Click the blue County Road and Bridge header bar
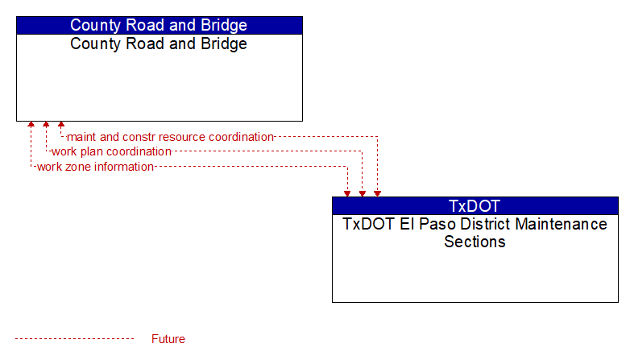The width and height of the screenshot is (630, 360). pos(160,25)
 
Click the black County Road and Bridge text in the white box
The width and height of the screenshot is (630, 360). pos(159,43)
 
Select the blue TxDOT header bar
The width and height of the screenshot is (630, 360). pos(475,205)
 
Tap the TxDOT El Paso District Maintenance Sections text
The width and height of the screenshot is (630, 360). pos(475,233)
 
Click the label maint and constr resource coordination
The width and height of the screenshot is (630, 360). pos(170,137)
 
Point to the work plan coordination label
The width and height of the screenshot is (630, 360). pos(112,151)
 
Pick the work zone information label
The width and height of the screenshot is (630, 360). pos(95,167)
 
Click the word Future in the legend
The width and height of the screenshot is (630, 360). pos(168,339)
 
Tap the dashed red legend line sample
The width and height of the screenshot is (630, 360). pos(74,339)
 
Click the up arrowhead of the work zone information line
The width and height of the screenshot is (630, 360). pos(31,124)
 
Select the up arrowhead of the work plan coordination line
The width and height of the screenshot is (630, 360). pos(46,124)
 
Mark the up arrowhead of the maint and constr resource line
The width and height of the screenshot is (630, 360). pos(61,124)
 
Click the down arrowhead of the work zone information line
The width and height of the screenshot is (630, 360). pos(347,194)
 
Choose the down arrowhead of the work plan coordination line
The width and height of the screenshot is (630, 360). pos(363,194)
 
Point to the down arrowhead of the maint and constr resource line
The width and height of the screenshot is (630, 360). pos(377,194)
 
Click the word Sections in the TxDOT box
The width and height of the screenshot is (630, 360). pos(475,242)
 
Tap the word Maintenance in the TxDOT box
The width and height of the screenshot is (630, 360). pos(562,224)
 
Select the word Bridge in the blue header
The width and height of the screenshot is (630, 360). pos(224,25)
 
